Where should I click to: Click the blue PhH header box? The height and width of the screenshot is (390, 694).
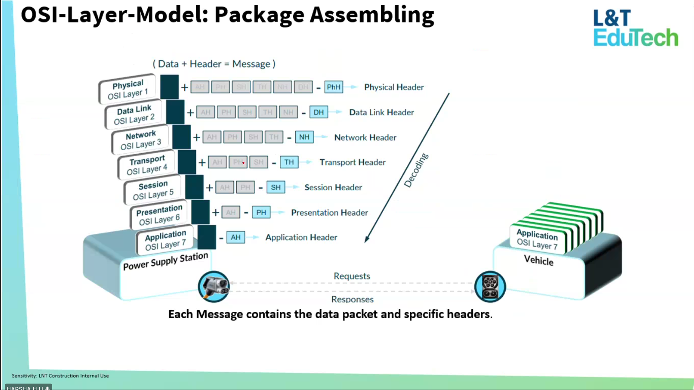[333, 87]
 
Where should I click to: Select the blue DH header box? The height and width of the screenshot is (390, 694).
[319, 112]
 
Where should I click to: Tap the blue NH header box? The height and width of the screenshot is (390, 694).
[304, 137]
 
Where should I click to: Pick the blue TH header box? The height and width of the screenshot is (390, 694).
[289, 162]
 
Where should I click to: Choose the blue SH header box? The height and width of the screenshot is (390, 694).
[276, 187]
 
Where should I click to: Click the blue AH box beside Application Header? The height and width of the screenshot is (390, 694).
[235, 237]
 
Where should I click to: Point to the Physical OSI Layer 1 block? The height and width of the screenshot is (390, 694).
[127, 89]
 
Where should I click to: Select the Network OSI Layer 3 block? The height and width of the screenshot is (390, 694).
[140, 140]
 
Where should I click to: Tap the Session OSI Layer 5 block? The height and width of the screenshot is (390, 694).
[153, 190]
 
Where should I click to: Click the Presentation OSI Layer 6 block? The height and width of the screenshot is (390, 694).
[159, 215]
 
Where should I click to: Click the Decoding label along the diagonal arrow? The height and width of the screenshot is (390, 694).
[416, 170]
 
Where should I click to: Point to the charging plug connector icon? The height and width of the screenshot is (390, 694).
[214, 287]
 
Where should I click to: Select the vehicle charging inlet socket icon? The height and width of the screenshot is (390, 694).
[490, 287]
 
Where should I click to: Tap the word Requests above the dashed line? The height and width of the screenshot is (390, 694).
[352, 276]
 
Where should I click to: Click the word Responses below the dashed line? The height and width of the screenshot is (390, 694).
[352, 299]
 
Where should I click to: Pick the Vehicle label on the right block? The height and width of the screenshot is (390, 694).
[539, 261]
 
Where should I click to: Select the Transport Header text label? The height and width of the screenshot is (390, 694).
[352, 162]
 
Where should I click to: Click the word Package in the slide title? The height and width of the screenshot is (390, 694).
[259, 15]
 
